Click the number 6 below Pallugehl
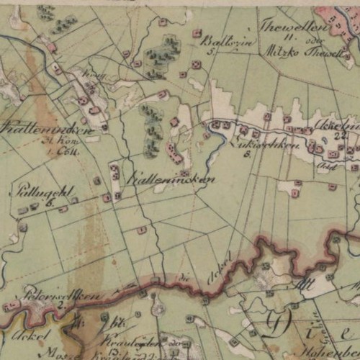coord(50,204)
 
